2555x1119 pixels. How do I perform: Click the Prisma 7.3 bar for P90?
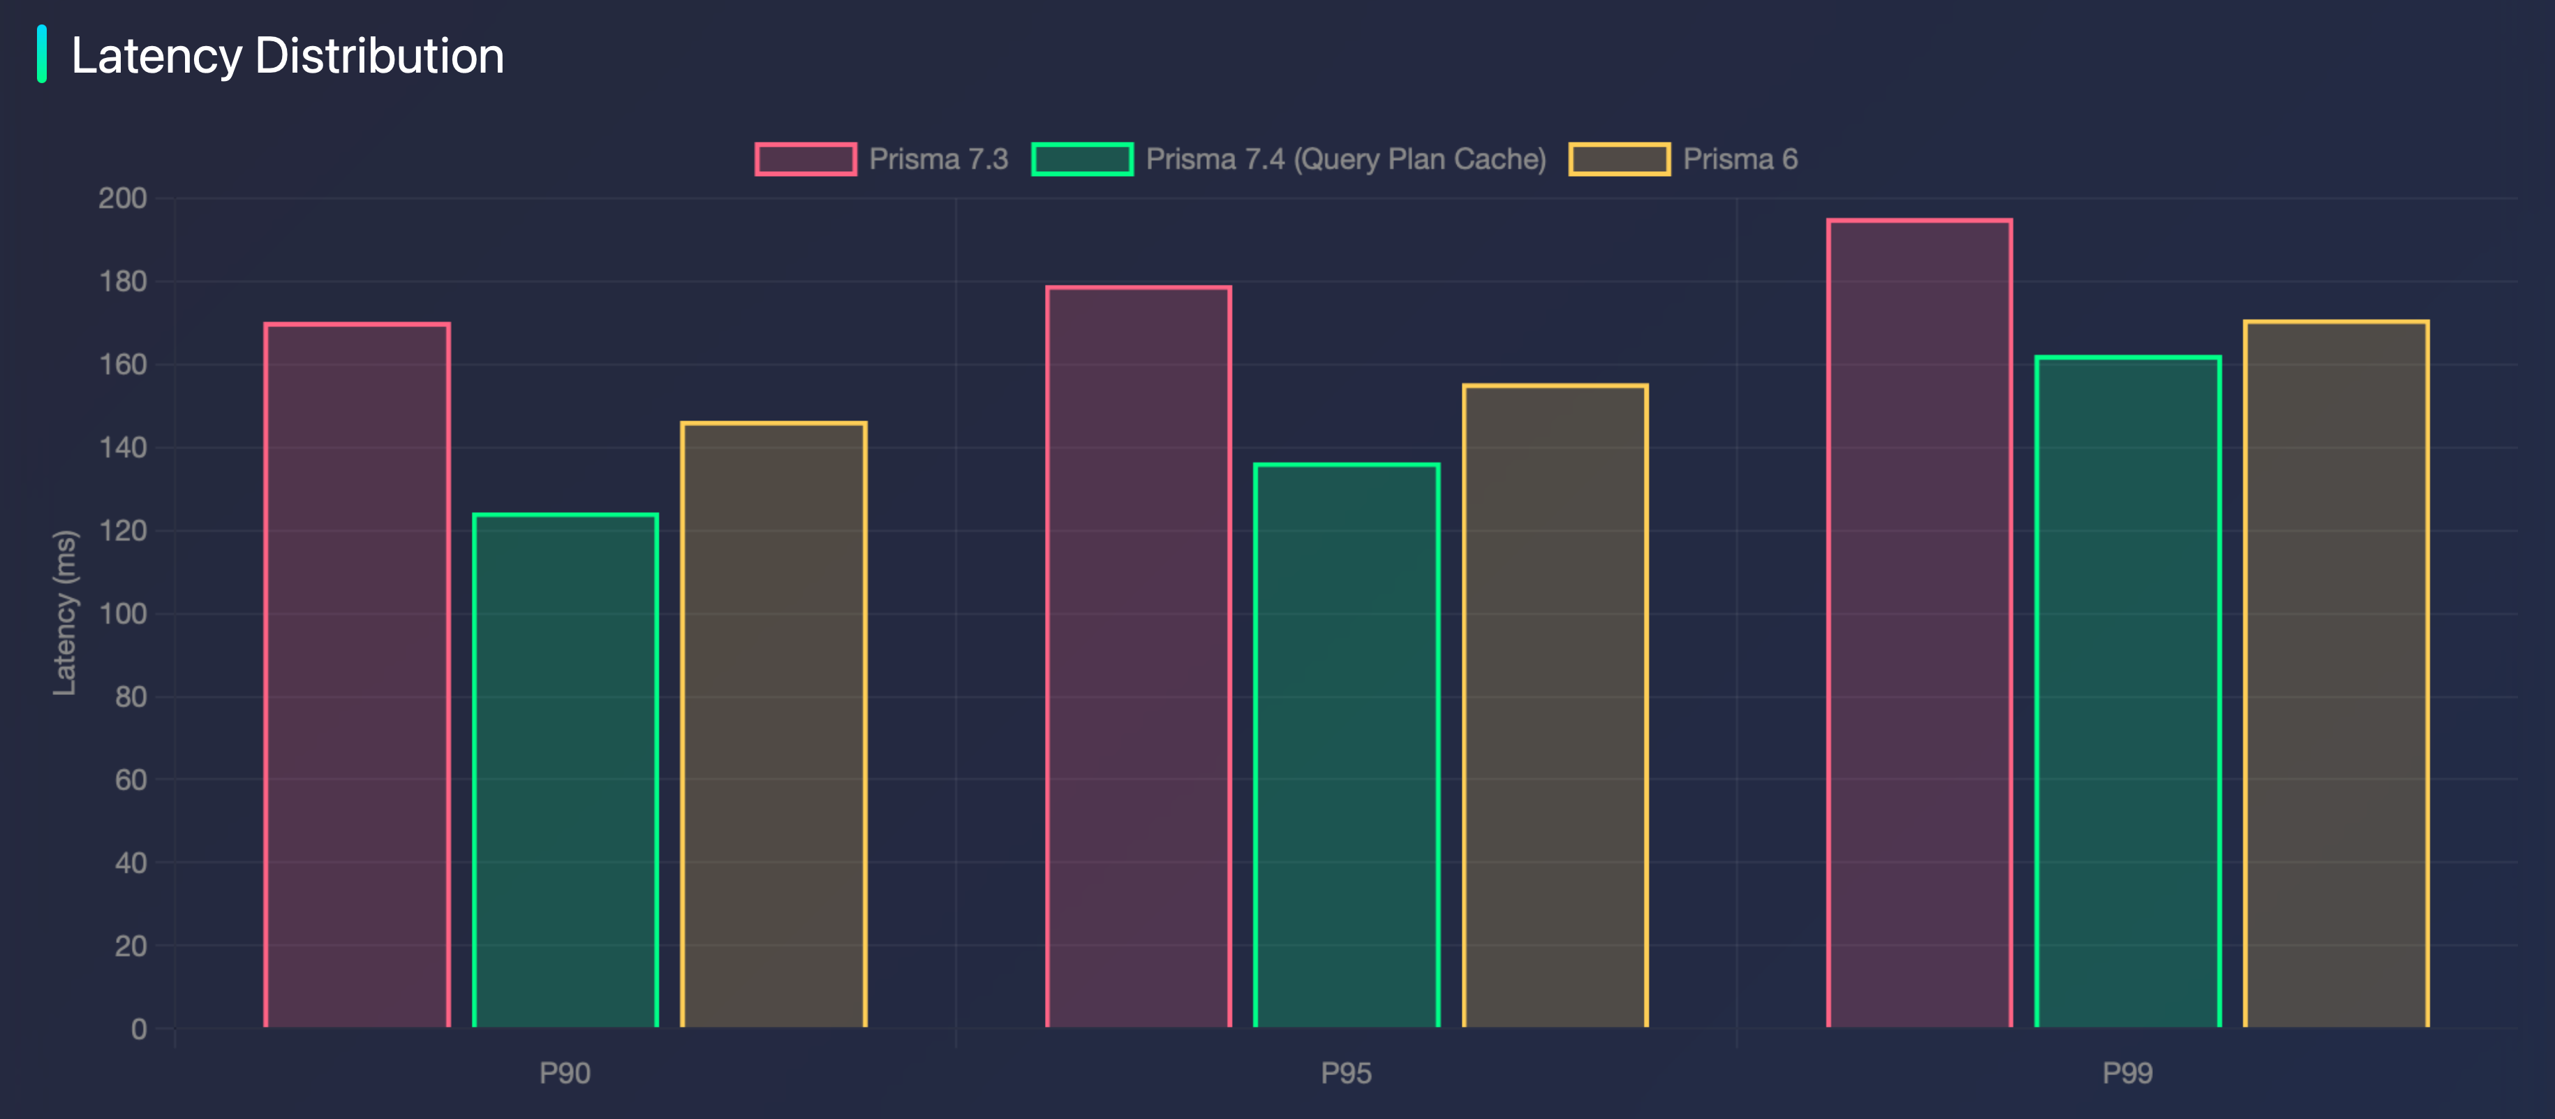(357, 675)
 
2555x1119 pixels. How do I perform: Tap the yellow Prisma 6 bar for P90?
(773, 724)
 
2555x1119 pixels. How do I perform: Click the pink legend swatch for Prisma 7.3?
(806, 159)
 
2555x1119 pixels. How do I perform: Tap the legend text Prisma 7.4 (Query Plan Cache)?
(1346, 159)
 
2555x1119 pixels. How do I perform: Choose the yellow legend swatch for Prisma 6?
(1619, 159)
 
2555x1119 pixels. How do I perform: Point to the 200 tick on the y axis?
(123, 198)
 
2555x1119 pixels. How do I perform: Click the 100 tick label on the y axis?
(123, 614)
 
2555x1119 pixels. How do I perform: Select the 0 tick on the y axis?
(139, 1029)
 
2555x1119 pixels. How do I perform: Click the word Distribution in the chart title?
(380, 56)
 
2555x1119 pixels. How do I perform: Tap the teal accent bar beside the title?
(42, 54)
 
